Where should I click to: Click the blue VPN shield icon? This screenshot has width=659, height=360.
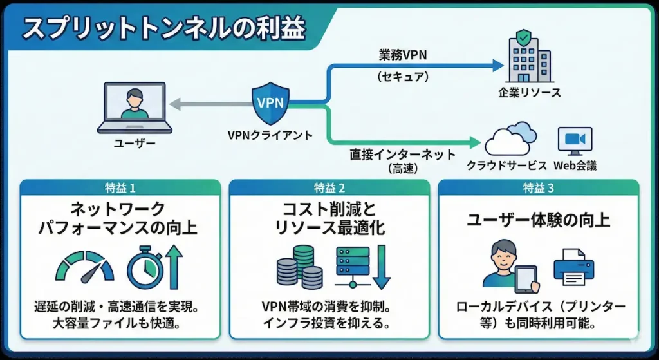(270, 103)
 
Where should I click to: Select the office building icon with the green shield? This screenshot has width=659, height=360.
(530, 59)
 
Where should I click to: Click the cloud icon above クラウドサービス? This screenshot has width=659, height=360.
(510, 138)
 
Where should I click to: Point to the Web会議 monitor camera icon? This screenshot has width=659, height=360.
(574, 141)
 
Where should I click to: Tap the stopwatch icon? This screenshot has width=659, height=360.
(147, 267)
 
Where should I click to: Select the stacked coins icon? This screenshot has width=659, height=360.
(299, 269)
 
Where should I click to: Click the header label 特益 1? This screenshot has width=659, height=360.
(121, 188)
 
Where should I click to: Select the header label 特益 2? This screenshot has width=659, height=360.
(329, 188)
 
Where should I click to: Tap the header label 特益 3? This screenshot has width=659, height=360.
(539, 188)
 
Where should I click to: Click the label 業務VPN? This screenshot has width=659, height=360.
(402, 55)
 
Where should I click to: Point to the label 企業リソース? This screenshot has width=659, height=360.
(530, 92)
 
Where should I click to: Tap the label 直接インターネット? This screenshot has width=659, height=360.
(403, 155)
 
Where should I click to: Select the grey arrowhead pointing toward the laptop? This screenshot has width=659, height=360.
(174, 103)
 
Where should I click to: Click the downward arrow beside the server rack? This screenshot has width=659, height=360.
(381, 269)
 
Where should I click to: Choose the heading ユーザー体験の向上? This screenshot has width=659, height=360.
(539, 221)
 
